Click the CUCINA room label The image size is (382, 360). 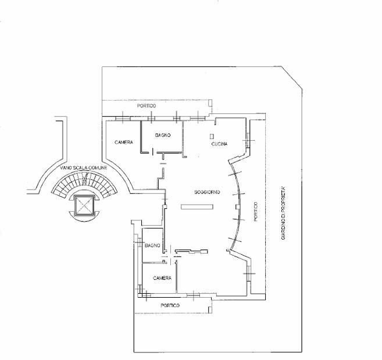coord(219,144)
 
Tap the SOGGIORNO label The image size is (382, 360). coord(207,192)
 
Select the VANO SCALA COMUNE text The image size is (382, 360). coord(84,167)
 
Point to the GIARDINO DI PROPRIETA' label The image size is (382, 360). coord(283,213)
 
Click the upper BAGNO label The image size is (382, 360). coord(163,135)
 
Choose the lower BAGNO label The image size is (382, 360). coord(152,245)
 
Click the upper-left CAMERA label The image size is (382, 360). coord(124,142)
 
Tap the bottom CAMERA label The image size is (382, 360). coord(162,278)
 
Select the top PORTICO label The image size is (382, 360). coord(147,106)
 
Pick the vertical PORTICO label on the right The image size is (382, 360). coord(255,211)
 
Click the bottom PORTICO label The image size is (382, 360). coord(170,305)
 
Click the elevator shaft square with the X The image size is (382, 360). coord(84,205)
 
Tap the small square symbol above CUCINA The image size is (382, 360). coord(212,136)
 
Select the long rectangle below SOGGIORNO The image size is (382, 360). coord(197,206)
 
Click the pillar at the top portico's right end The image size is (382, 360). coord(210,103)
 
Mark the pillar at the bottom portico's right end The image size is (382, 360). coord(210,310)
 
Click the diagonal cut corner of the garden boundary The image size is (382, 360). coord(292,77)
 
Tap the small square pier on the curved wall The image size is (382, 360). coord(238,207)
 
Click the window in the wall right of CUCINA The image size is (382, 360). coord(248,140)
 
